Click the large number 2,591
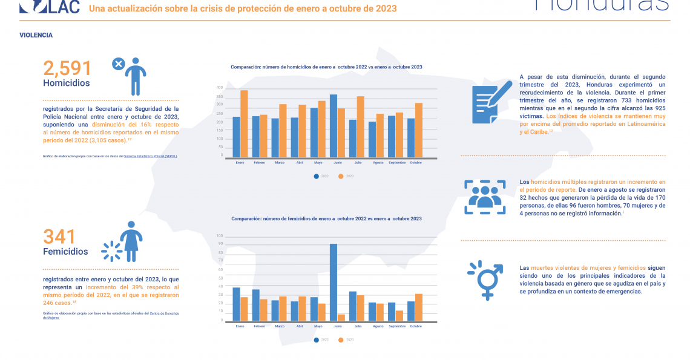tap(67, 68)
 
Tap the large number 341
tap(59, 237)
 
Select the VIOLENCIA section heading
tap(36, 35)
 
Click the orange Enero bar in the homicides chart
tap(244, 124)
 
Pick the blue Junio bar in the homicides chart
tap(333, 126)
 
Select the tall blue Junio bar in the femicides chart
tap(333, 282)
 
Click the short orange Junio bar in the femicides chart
tap(341, 317)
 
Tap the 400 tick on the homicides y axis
tap(220, 88)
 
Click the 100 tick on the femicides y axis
tap(220, 236)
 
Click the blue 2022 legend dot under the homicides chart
tap(316, 176)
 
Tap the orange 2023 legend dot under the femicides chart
tap(341, 339)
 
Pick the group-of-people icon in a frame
tap(484, 197)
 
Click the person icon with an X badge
tap(129, 76)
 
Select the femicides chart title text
tap(326, 218)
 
